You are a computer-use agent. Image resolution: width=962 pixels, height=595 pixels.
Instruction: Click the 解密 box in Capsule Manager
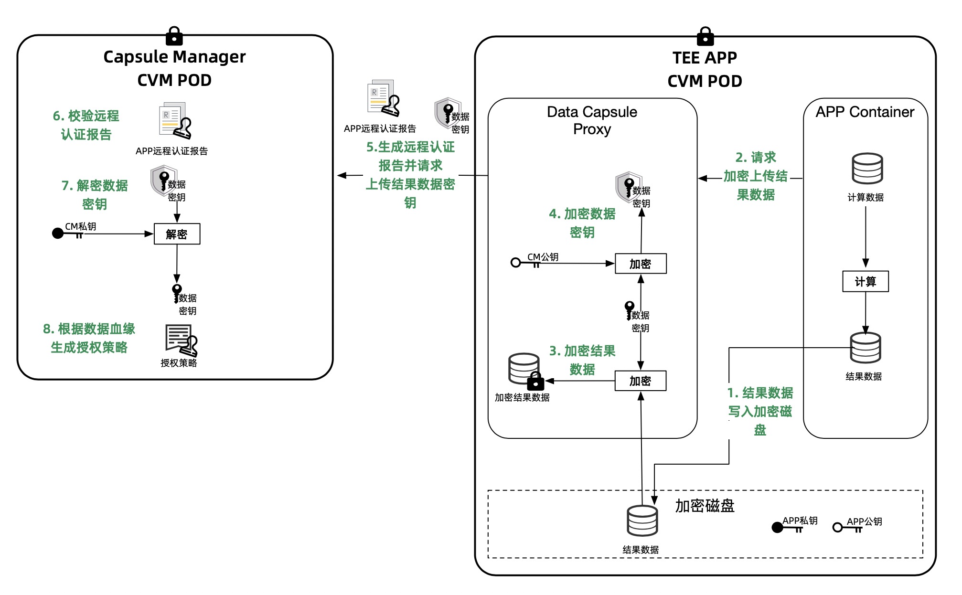click(177, 234)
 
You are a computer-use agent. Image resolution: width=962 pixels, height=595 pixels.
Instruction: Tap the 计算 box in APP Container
click(865, 281)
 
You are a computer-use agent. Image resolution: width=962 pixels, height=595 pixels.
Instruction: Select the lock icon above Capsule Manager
click(174, 36)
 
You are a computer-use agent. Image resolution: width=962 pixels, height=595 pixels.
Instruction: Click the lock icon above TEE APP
click(705, 36)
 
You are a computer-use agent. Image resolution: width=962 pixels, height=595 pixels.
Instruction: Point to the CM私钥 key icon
click(67, 234)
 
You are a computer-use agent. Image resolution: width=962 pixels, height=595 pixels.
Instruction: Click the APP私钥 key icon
click(786, 527)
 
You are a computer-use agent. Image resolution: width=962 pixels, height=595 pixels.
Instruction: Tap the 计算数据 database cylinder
click(867, 169)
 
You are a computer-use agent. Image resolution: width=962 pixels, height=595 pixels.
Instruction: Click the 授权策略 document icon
click(181, 340)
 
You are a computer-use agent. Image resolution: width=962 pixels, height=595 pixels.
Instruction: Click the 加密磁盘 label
click(705, 506)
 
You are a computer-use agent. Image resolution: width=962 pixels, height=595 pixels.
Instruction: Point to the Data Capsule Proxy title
click(592, 120)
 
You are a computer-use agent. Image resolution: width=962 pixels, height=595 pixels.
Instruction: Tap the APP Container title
click(865, 112)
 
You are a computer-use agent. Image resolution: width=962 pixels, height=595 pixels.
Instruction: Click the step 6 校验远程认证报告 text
click(86, 125)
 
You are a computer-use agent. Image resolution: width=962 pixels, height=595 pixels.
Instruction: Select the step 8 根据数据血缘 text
click(89, 338)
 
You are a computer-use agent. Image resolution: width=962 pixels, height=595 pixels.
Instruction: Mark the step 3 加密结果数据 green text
click(582, 360)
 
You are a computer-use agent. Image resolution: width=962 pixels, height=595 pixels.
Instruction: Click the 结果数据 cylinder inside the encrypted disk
click(642, 521)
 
